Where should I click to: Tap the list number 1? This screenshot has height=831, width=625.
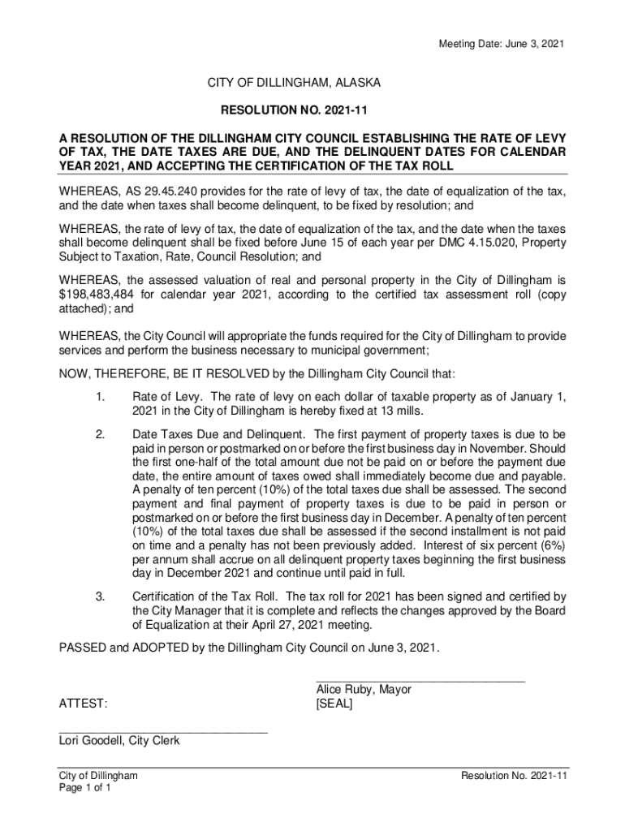point(100,396)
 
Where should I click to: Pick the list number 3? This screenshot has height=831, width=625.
point(100,596)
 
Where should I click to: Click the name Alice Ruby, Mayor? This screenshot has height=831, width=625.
point(364,689)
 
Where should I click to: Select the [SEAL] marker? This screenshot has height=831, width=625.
point(334,704)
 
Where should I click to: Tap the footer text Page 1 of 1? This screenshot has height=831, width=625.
point(85,788)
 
